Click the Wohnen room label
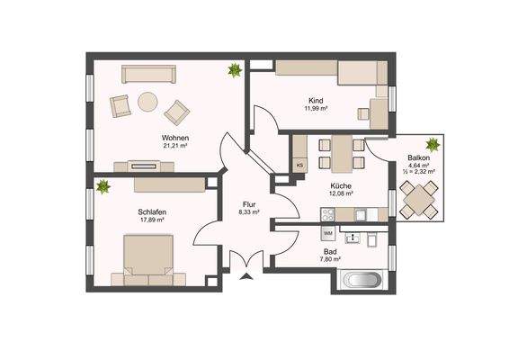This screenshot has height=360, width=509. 162,137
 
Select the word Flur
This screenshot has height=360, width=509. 249,203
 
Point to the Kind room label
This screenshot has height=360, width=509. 315,101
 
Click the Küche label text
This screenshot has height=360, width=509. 340,184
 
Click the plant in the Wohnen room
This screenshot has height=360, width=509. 235,69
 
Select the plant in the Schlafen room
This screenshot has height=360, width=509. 103,187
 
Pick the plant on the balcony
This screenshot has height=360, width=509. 433,143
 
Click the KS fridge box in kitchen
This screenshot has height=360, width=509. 299,166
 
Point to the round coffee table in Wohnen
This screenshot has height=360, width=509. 147,102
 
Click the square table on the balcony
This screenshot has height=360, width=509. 419,199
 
